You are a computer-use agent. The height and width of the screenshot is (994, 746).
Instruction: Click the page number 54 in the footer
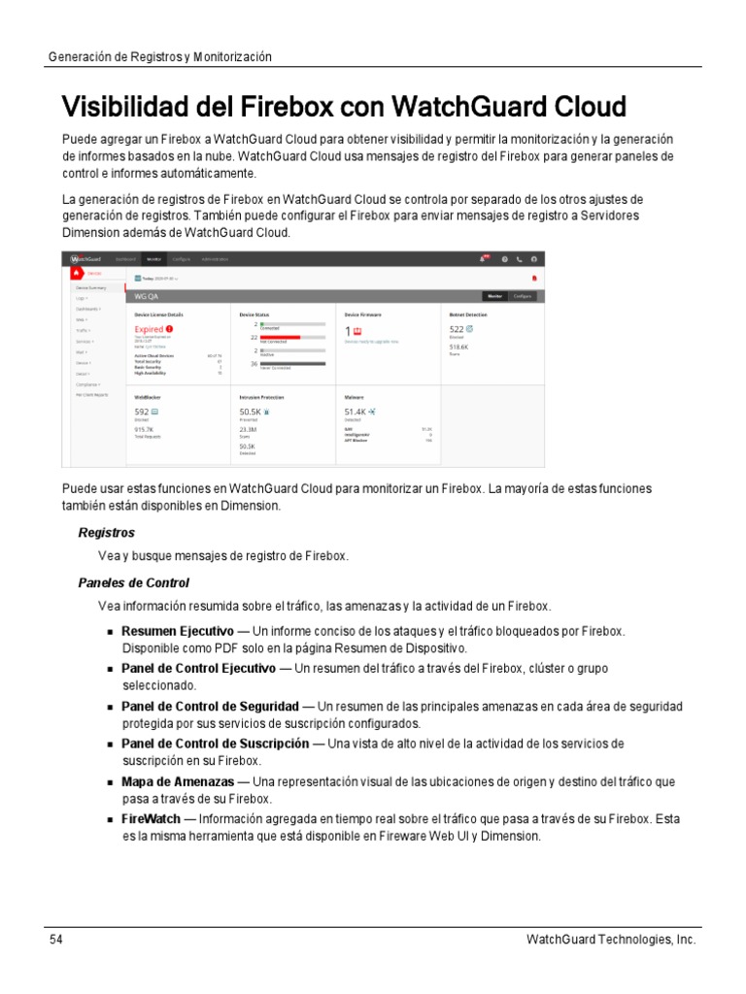click(56, 940)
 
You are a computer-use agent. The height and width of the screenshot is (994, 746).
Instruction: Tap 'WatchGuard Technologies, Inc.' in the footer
click(610, 940)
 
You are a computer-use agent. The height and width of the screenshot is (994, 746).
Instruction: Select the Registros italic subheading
click(106, 533)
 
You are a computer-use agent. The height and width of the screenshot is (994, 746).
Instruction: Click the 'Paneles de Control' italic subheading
click(133, 582)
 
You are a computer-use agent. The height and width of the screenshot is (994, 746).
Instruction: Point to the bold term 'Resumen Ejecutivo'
click(177, 632)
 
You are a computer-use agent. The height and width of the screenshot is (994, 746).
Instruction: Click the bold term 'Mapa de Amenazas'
click(177, 781)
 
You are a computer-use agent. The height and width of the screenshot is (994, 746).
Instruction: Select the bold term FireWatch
click(153, 819)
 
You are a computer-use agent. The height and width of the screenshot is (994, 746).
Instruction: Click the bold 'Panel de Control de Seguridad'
click(210, 707)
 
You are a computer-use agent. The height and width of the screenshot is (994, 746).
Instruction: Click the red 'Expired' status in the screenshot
click(150, 330)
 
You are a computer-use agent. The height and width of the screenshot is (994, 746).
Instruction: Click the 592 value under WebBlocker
click(142, 412)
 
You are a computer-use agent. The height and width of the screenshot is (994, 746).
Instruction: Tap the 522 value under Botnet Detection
click(456, 329)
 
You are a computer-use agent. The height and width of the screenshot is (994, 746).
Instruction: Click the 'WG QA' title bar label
click(147, 296)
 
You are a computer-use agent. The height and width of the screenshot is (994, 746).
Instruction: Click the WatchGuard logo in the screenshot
click(88, 259)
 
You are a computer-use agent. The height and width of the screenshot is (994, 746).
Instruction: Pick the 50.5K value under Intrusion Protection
click(250, 412)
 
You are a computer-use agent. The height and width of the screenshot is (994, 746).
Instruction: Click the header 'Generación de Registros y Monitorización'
click(159, 57)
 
